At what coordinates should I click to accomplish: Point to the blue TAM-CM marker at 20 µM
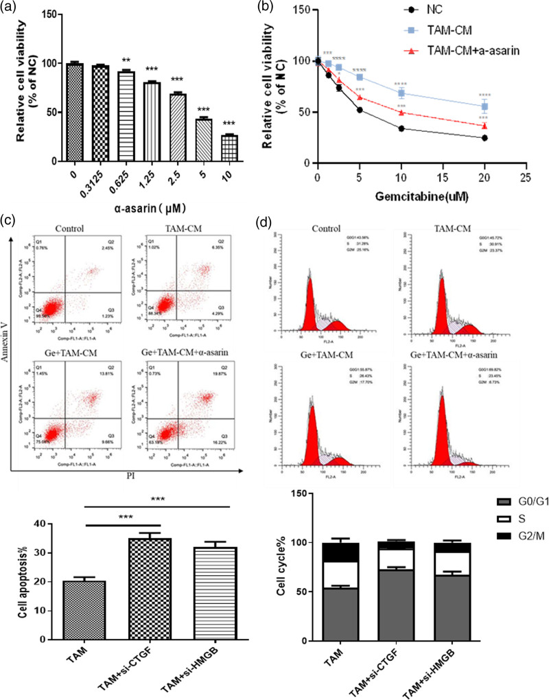pyautogui.click(x=484, y=106)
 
